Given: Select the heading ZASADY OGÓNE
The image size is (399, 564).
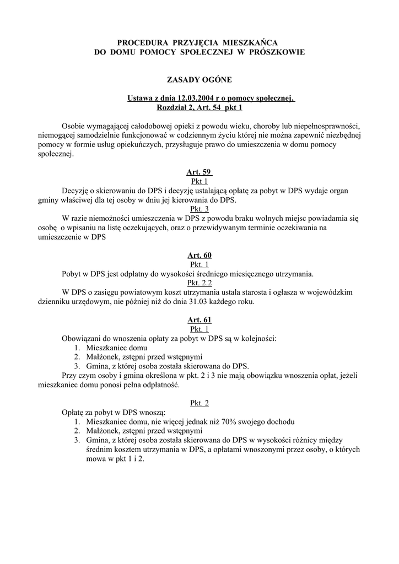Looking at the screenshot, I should pos(199,80).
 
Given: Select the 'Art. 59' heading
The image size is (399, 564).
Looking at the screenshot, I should pos(199,172).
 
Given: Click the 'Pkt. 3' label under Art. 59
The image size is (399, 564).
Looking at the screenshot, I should pos(199,209).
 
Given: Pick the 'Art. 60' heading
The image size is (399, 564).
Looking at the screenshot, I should pos(199,255).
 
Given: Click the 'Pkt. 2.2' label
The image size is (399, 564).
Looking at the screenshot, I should pos(199,283).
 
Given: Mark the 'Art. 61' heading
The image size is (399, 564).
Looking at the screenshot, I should pos(199,319).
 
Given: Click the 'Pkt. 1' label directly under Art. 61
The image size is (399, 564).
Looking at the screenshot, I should pos(199,329).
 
